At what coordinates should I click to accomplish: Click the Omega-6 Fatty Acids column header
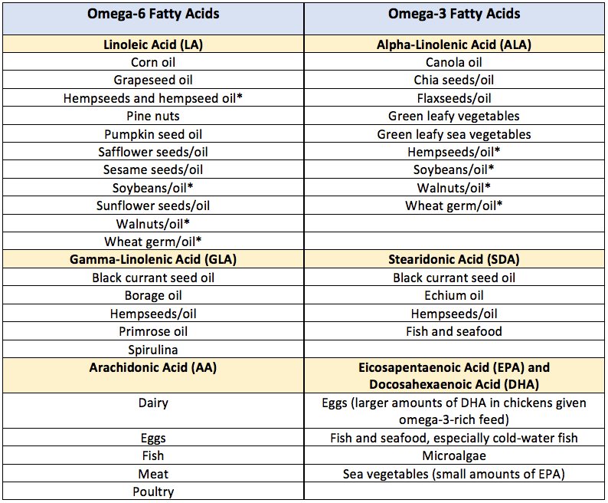tap(153, 14)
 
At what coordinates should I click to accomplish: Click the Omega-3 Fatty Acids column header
tap(454, 14)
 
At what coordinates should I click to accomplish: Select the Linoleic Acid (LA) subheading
tap(153, 44)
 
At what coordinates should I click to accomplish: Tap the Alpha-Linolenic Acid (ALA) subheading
tap(454, 44)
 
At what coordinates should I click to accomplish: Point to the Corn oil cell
tap(153, 62)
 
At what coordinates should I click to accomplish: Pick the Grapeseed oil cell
tap(153, 80)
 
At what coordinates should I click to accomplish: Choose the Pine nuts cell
tap(153, 116)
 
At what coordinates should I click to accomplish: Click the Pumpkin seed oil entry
tap(153, 134)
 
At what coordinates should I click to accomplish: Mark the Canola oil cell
tap(454, 62)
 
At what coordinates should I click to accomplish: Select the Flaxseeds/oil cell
tap(454, 98)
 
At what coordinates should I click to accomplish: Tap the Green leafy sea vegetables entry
tap(454, 134)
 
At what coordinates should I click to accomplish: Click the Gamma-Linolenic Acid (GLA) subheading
tap(153, 259)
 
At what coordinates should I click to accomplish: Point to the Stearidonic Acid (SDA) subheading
tap(454, 259)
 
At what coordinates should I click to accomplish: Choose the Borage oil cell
tap(153, 295)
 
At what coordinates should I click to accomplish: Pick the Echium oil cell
tap(454, 295)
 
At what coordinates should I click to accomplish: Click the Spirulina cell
tap(153, 350)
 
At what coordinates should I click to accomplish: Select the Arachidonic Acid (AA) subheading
tap(153, 367)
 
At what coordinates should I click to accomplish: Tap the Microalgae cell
tap(454, 456)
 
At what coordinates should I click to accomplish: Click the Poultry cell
tap(153, 492)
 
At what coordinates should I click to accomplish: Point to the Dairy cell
tap(153, 403)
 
